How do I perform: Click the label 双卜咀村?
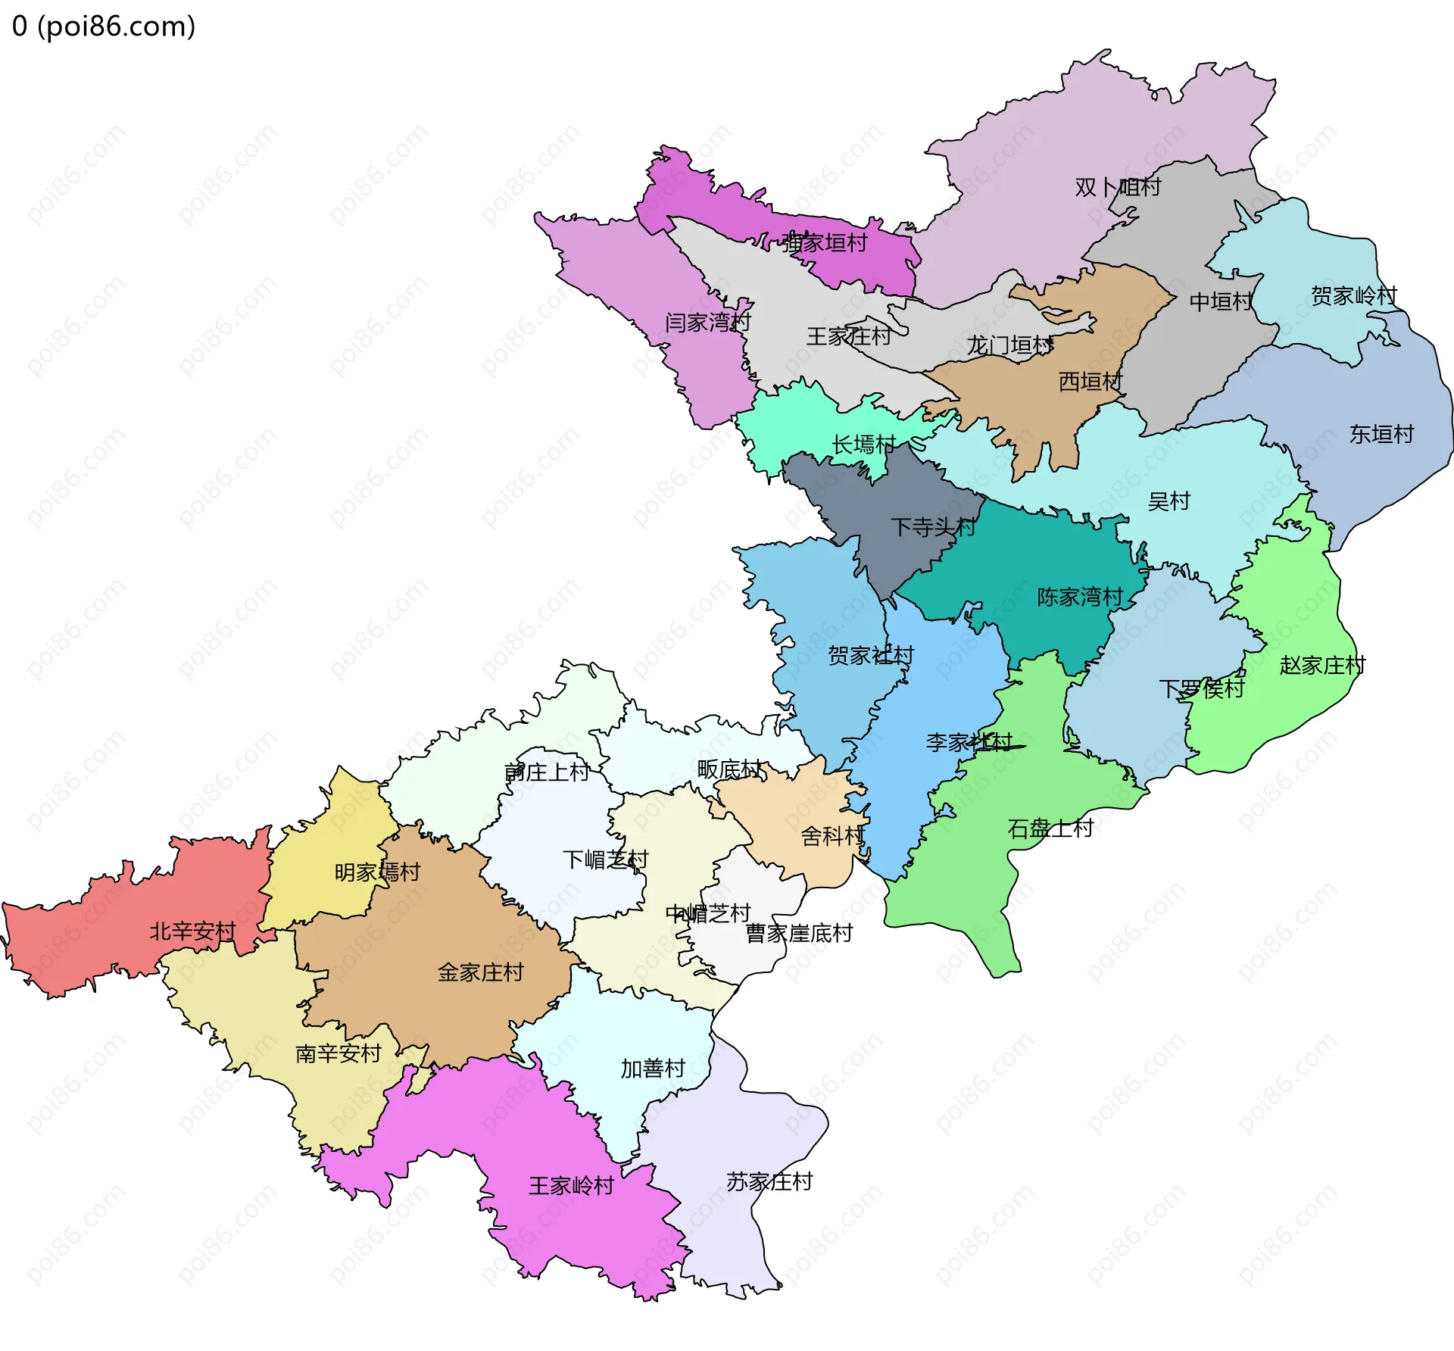[1118, 187]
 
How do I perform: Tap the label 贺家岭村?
[1354, 295]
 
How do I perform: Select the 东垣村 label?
[1381, 434]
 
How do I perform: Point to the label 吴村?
[1169, 501]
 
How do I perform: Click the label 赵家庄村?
[1322, 665]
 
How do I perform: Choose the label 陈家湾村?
[1080, 597]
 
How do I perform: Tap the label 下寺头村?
[933, 526]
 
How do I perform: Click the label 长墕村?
[864, 444]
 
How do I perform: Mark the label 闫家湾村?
[707, 322]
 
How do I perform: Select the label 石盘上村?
[1050, 828]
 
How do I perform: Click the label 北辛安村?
[192, 931]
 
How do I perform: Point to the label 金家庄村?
[480, 972]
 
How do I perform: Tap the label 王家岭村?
[571, 1185]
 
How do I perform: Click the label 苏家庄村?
[769, 1181]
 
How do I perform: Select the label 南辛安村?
[338, 1053]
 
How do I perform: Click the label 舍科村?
[832, 835]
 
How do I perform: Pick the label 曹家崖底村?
[799, 932]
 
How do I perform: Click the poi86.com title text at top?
[104, 27]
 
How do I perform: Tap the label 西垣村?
[1090, 381]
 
